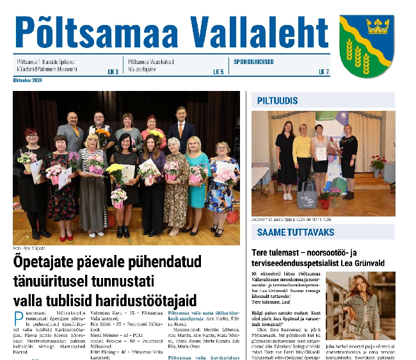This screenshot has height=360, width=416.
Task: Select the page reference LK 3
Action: tap(113, 72)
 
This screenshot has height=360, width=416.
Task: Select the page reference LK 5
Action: tap(218, 72)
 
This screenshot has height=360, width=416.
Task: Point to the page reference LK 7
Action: tap(324, 72)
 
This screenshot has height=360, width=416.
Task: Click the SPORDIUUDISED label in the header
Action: tap(254, 62)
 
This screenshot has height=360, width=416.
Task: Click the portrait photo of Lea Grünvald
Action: tap(360, 307)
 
